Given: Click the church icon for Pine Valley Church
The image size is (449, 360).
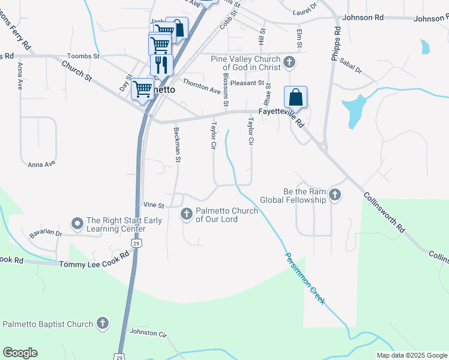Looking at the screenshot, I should click(289, 62).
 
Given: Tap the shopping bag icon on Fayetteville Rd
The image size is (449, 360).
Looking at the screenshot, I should click(295, 97).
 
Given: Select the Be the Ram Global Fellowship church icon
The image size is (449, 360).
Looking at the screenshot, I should click(335, 195).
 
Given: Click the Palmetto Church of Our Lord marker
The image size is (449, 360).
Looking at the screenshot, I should click(187, 214).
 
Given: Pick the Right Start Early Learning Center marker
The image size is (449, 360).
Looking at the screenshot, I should click(77, 224).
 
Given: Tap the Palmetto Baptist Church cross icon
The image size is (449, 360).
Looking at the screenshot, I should click(102, 324).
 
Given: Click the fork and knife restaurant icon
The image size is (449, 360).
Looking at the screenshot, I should click(161, 64).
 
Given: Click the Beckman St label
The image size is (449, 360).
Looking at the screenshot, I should click(177, 145).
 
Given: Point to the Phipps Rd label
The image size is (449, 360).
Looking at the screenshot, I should click(336, 43).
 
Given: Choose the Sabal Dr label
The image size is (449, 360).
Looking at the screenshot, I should click(351, 66).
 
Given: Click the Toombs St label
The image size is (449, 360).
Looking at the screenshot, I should click(83, 56).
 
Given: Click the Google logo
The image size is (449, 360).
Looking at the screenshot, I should click(20, 353).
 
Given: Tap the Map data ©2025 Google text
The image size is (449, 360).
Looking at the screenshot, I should click(411, 355).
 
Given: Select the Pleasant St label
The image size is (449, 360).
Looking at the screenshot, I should click(247, 83).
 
